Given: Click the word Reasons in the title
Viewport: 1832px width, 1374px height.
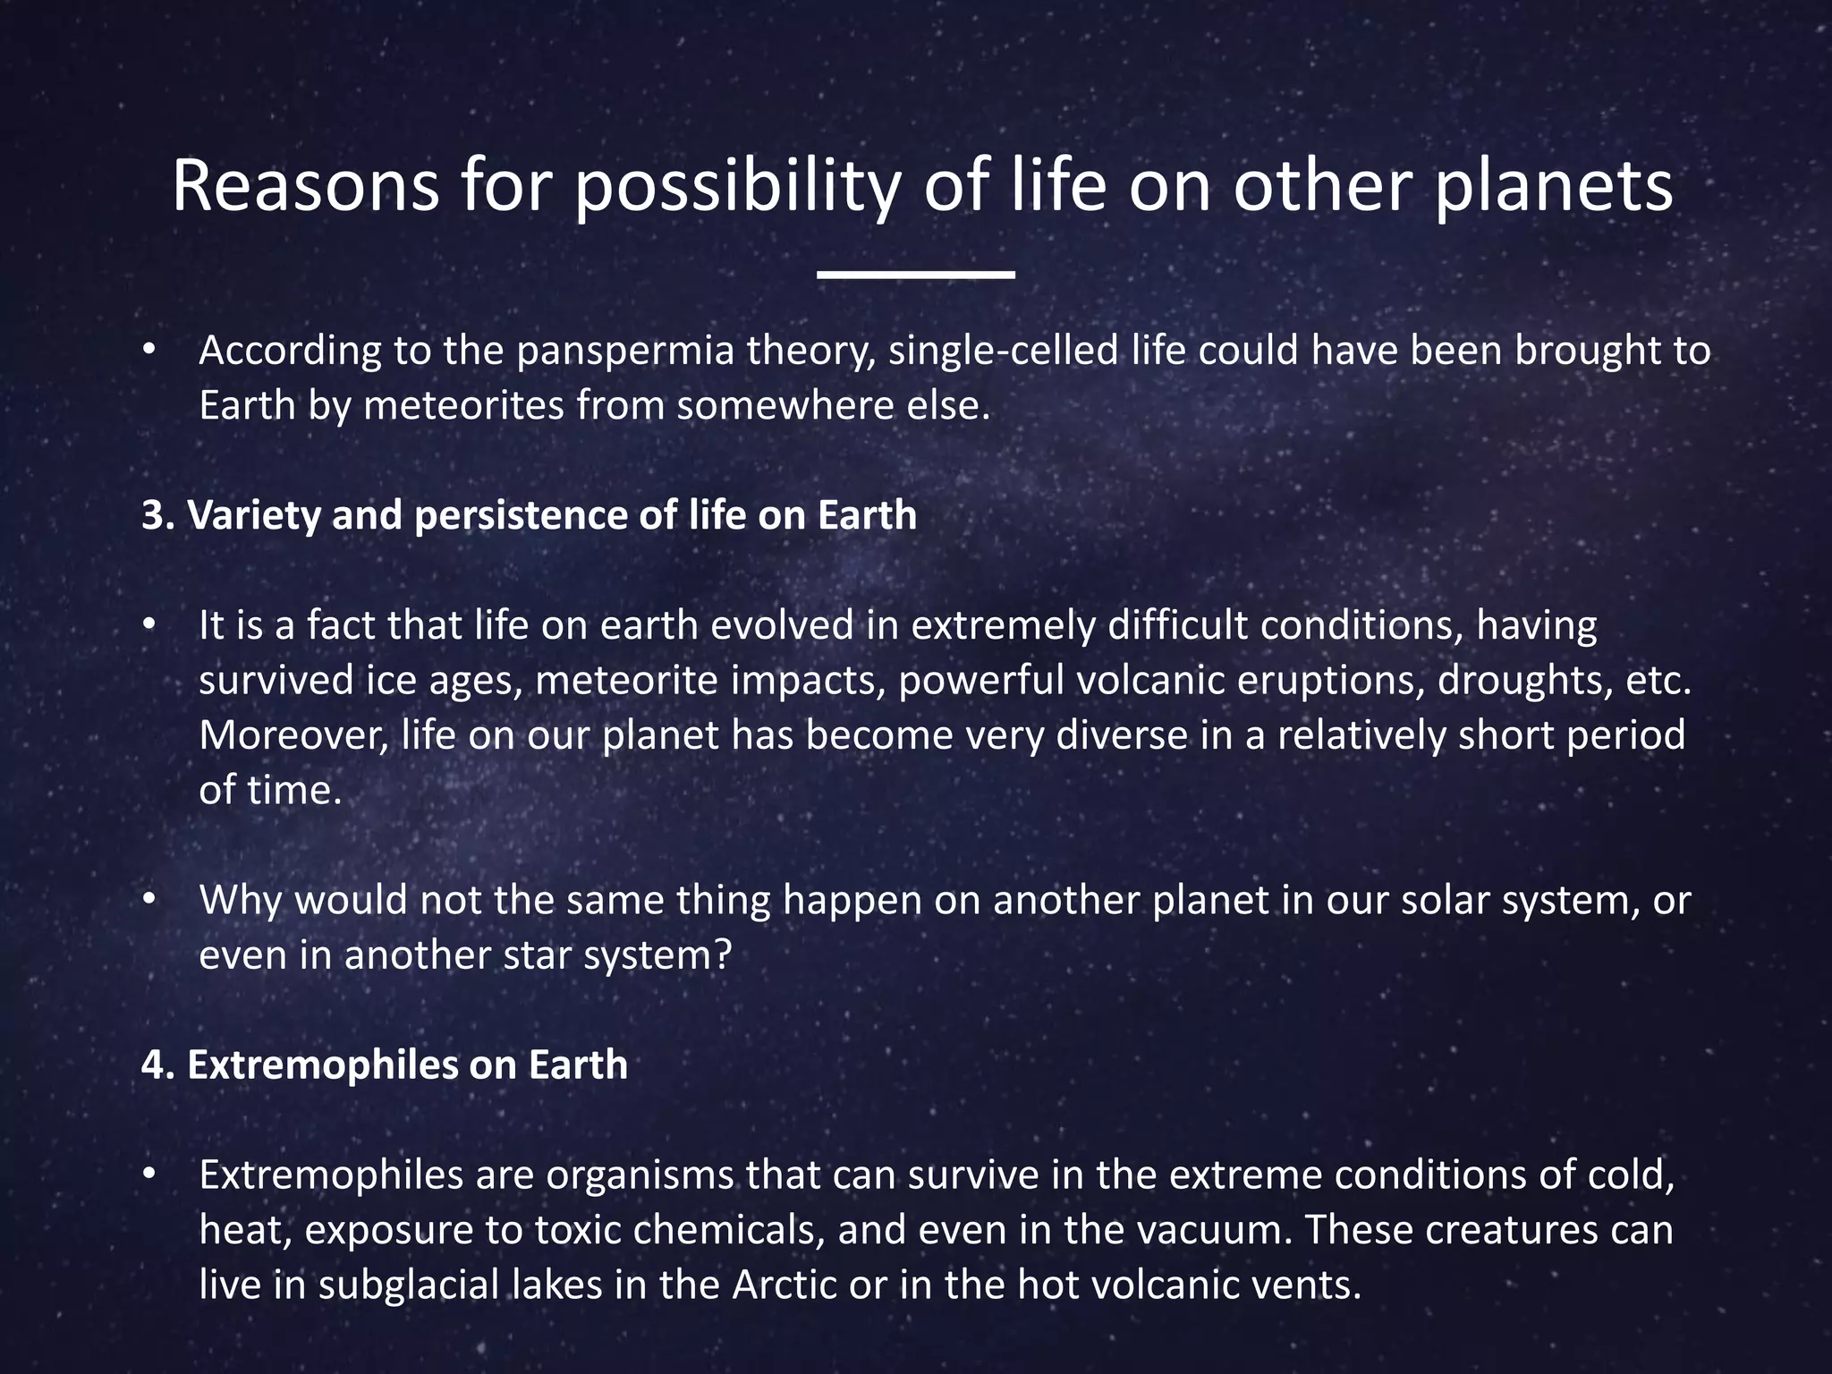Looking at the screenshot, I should click(305, 186).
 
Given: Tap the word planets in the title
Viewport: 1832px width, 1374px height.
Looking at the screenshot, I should click(1554, 186).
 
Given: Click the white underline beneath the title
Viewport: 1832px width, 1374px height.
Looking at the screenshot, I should click(915, 275).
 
